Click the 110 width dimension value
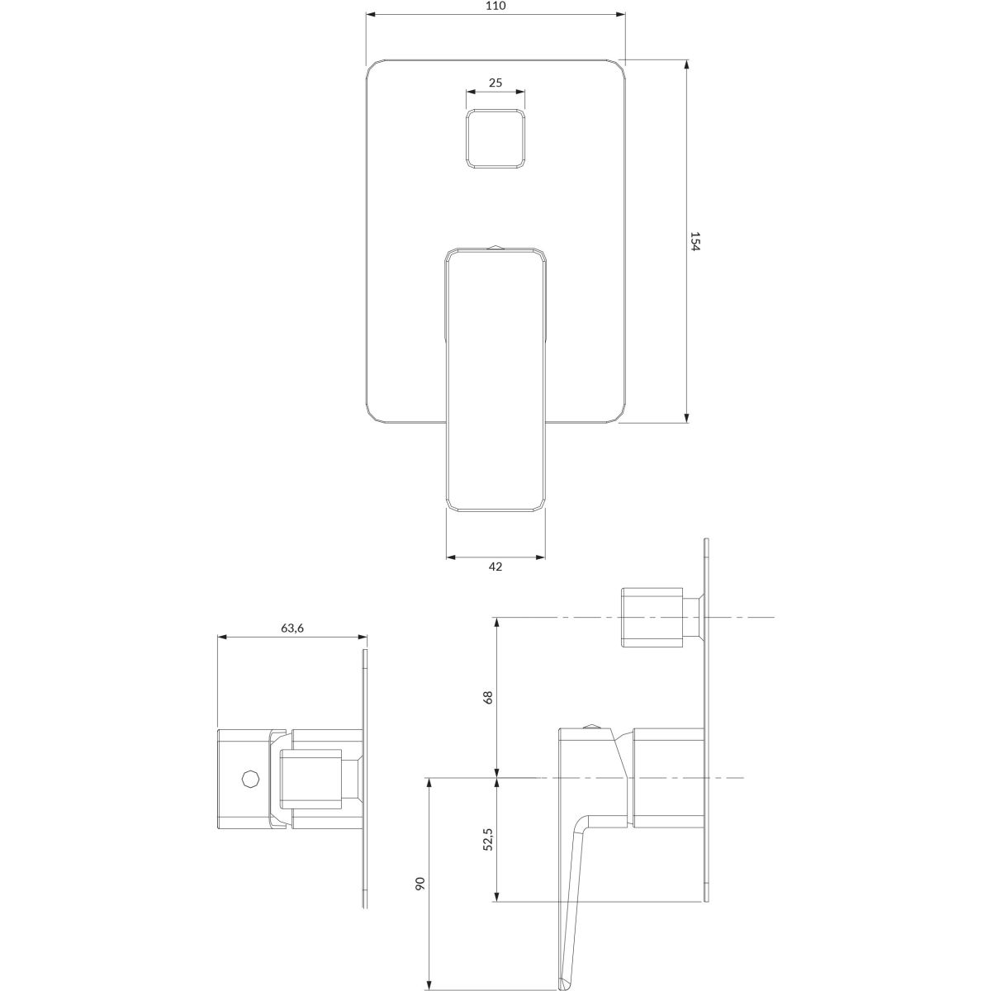coord(495,6)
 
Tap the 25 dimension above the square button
coord(495,83)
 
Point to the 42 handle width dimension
coord(495,567)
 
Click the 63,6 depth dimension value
coord(292,628)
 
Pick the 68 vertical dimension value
coord(489,697)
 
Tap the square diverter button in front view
coord(495,138)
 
